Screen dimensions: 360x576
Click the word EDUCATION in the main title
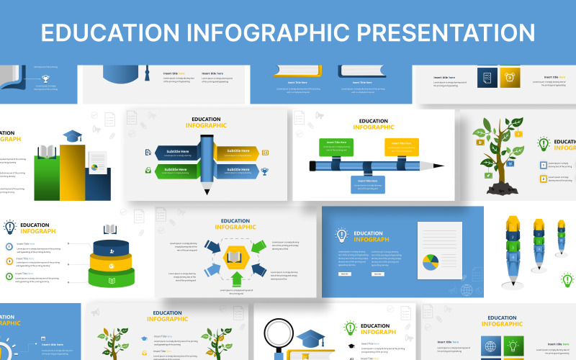(x=108, y=33)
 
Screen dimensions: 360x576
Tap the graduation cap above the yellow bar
(x=72, y=135)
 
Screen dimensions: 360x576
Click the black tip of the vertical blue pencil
(x=207, y=192)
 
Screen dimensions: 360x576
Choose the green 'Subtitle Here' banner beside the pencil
(x=176, y=171)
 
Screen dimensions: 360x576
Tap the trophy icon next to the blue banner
(x=265, y=171)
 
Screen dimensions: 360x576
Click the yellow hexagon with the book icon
(x=235, y=256)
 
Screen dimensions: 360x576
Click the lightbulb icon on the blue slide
(x=342, y=235)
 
